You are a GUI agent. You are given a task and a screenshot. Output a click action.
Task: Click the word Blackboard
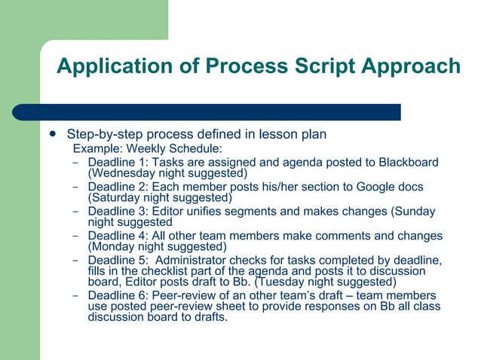pyautogui.click(x=408, y=162)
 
